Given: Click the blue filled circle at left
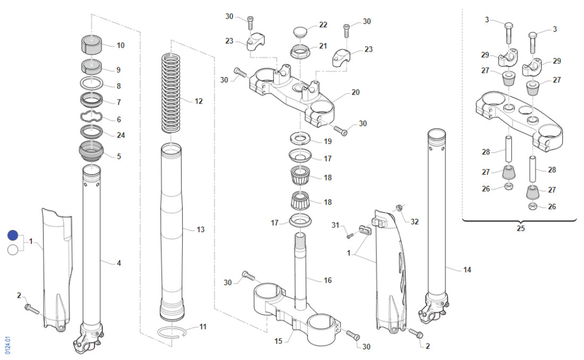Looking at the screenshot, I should point(14,235).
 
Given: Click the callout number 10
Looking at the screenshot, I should point(121,46).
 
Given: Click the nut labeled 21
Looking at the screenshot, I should point(300,52).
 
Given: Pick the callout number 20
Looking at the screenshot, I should point(355,92).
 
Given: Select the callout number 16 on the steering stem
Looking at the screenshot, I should point(328,280).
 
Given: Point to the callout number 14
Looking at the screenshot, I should point(467,270).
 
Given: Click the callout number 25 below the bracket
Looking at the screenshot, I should point(520,228).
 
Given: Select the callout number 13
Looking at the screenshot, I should point(200,230).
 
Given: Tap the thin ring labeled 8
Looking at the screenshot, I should point(93,84).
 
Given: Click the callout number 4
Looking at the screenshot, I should point(119,263).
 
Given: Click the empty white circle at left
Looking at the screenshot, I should point(14,250).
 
